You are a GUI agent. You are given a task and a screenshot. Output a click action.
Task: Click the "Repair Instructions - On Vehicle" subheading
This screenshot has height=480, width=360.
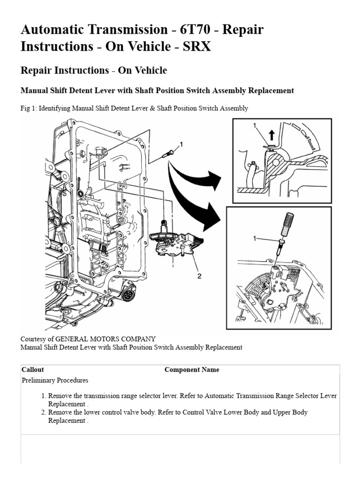point(94,71)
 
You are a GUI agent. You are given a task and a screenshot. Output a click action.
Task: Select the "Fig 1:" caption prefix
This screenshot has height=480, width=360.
point(29,108)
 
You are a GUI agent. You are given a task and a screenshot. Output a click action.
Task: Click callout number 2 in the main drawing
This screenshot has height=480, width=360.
point(199,276)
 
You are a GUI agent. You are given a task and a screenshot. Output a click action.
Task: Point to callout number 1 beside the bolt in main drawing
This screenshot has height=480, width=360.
point(181,145)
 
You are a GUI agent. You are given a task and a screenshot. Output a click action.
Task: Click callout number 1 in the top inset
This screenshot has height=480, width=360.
point(255,126)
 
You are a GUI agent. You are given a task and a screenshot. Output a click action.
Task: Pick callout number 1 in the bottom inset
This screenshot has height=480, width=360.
point(255,239)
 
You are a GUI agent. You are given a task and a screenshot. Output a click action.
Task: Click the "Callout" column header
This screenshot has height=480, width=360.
point(33,370)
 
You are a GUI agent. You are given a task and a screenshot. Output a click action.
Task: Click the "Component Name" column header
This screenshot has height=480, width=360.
point(192,370)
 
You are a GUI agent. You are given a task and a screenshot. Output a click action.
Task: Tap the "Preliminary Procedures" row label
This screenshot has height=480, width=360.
point(55,380)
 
